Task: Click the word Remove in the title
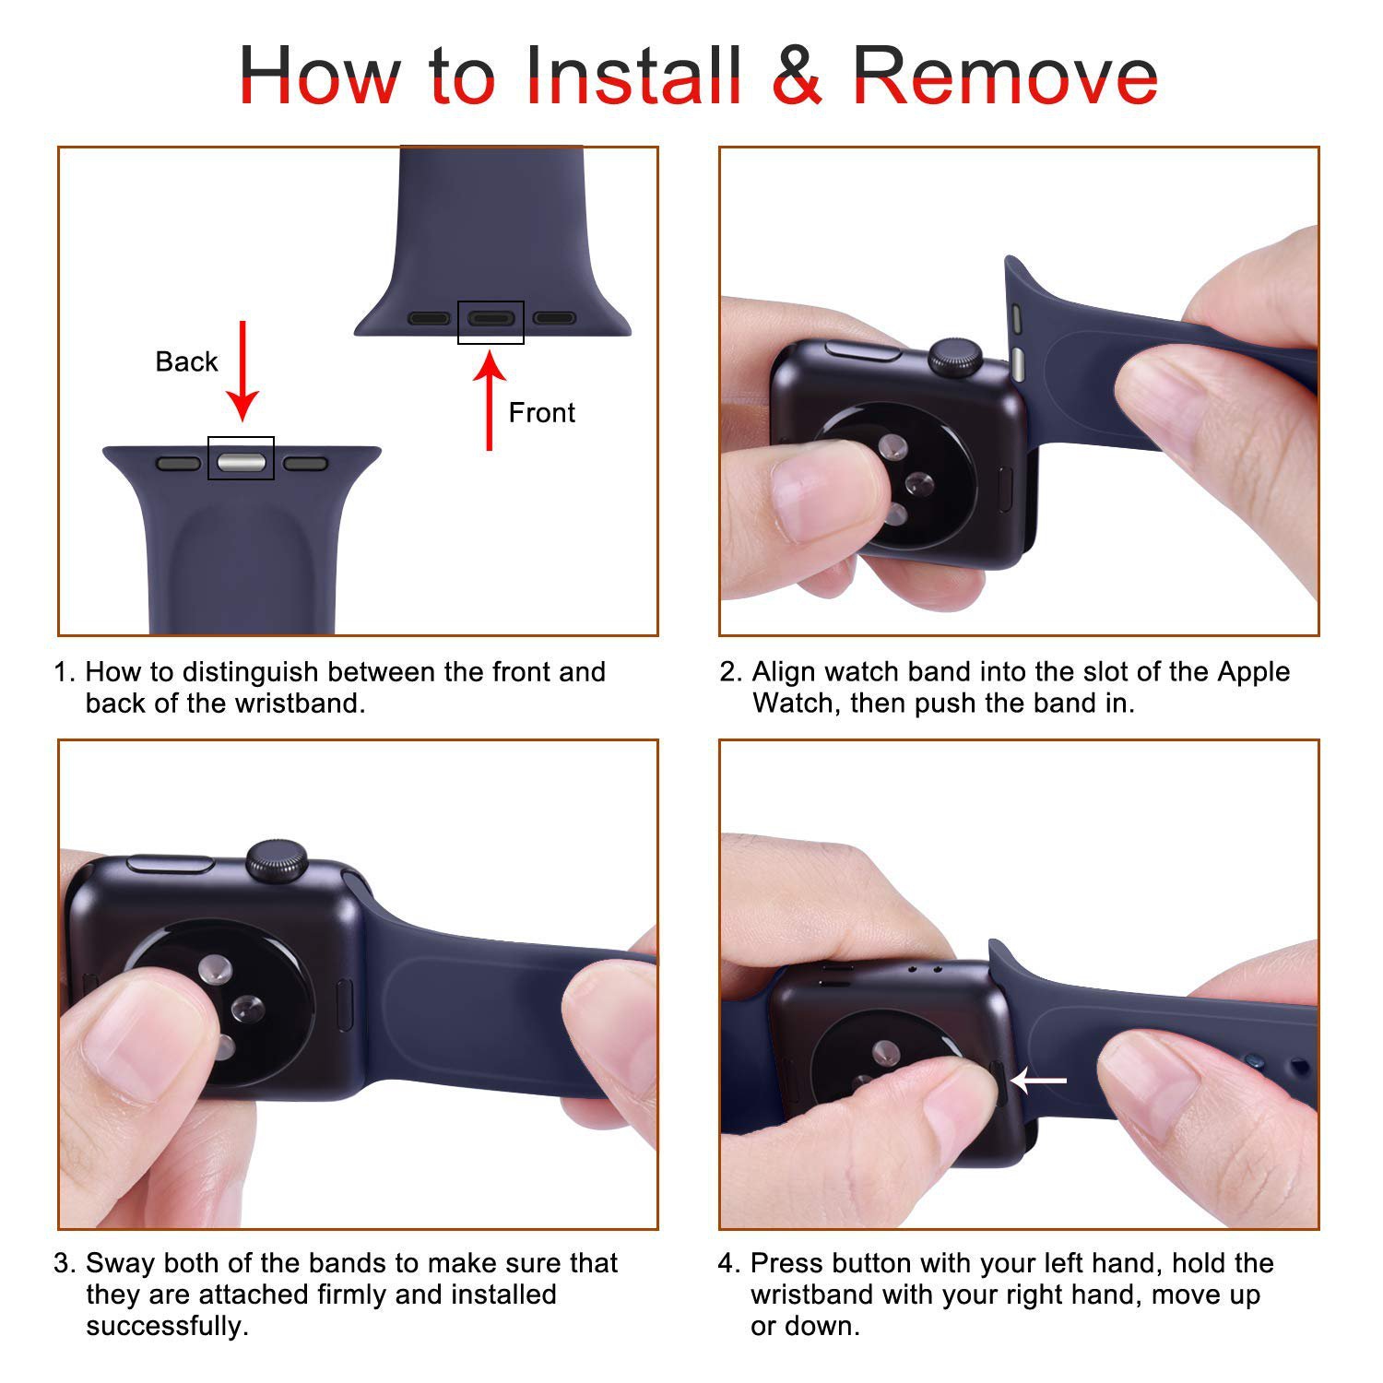[x=1004, y=76]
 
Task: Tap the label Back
[x=186, y=361]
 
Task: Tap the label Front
[x=541, y=412]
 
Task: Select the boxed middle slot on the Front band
[x=491, y=320]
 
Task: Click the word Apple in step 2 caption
[x=1253, y=671]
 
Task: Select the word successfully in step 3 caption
[x=167, y=1326]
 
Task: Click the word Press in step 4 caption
[x=783, y=1262]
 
